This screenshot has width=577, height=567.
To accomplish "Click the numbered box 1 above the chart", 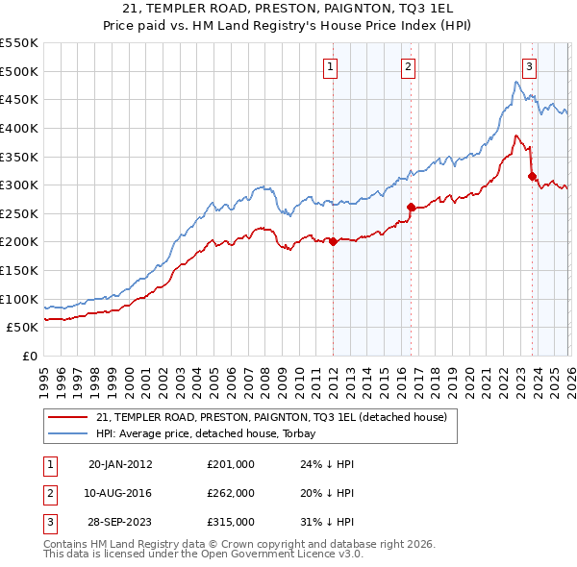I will [330, 66].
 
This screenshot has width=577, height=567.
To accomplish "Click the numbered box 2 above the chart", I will [408, 66].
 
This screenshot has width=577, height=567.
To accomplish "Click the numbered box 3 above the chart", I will [529, 66].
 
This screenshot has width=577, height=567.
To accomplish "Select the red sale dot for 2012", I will [334, 242].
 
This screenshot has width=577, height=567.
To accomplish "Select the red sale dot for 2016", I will [411, 207].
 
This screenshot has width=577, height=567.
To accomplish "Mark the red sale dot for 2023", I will [532, 176].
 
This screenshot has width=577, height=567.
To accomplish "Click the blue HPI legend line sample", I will [68, 432].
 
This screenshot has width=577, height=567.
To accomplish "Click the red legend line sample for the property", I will [68, 418].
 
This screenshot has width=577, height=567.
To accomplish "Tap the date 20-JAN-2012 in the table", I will [120, 463].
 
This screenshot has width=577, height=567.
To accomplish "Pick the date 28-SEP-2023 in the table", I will [120, 522].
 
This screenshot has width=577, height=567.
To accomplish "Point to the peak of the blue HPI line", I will [515, 82].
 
